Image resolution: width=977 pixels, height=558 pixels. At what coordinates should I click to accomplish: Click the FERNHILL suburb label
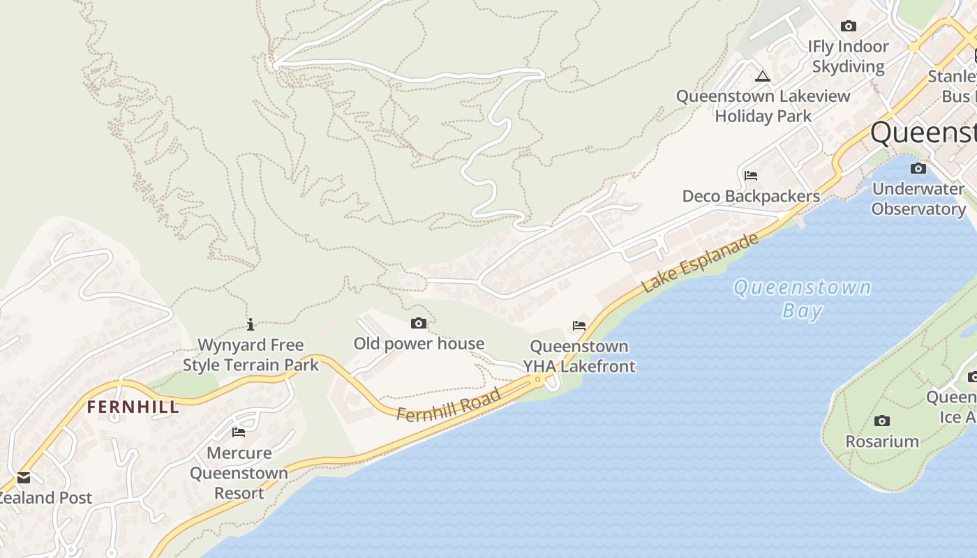[x=133, y=407]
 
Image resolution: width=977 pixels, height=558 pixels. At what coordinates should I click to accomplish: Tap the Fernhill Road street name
[x=449, y=405]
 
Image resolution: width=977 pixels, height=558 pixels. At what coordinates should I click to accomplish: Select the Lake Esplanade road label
[x=699, y=263]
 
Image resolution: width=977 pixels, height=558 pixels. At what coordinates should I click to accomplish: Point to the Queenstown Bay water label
[x=802, y=299]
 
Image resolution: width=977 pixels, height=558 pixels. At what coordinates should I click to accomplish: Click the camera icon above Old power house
[x=419, y=323]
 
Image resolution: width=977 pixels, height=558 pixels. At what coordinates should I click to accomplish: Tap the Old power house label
[x=419, y=343]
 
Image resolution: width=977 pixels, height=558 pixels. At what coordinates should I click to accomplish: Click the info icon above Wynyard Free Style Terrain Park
[x=251, y=324]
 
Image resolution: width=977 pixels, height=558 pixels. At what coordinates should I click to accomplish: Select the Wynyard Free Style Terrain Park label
[x=251, y=355]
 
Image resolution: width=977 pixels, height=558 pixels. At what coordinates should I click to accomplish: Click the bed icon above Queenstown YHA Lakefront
[x=579, y=325]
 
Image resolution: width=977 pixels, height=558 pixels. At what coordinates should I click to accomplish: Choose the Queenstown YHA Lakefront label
[x=579, y=356]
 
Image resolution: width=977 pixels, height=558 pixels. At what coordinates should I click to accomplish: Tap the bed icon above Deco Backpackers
[x=751, y=175]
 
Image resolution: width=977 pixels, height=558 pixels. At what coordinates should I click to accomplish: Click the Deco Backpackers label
[x=751, y=196]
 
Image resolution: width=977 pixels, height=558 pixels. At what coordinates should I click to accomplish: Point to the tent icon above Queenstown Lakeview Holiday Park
[x=763, y=76]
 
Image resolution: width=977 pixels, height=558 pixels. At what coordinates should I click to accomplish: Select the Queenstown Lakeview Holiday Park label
[x=763, y=106]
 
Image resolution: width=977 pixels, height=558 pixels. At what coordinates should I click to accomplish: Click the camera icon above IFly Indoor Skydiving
[x=849, y=27]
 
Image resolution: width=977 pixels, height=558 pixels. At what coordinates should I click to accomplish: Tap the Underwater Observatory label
[x=918, y=199]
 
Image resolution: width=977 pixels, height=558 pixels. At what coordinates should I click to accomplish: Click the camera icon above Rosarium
[x=882, y=421]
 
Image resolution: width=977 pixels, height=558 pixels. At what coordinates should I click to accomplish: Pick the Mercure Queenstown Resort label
[x=239, y=473]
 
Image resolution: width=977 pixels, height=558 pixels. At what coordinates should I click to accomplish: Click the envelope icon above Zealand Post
[x=24, y=478]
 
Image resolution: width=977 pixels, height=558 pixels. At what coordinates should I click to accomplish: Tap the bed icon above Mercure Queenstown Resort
[x=239, y=432]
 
